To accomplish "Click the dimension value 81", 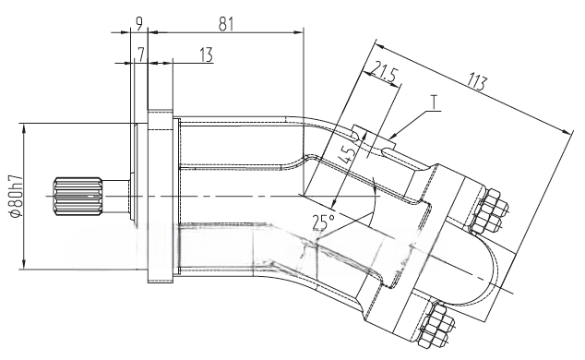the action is point(226,24).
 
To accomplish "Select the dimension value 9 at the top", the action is point(138,24).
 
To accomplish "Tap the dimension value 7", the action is point(140,54).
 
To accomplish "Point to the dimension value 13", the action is point(206,54).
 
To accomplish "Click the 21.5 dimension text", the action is point(384,74).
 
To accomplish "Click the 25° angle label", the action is point(324,222).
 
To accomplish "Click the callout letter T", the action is point(435,102).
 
